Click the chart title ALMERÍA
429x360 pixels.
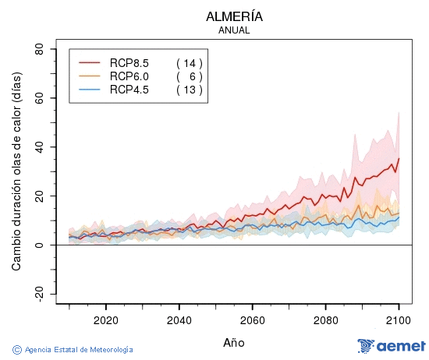tap(234, 16)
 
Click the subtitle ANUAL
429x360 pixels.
tap(234, 30)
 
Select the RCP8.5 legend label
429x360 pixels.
tap(129, 62)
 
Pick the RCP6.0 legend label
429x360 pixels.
tap(129, 76)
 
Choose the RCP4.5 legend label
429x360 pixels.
tap(129, 90)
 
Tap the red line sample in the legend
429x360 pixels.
tap(90, 62)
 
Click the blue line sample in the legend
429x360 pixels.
tap(90, 90)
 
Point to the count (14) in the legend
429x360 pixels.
tap(189, 62)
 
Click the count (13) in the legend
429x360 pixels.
tap(189, 90)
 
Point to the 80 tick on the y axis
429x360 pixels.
tap(39, 49)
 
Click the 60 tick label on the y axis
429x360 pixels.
tap(39, 98)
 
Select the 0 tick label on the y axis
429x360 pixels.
tap(42, 245)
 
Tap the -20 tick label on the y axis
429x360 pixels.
tap(37, 294)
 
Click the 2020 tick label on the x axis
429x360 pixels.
tap(105, 319)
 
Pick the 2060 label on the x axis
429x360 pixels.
tap(252, 319)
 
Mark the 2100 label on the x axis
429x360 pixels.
tap(399, 319)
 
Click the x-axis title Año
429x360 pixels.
tap(234, 342)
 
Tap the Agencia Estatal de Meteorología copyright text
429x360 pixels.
tap(73, 349)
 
